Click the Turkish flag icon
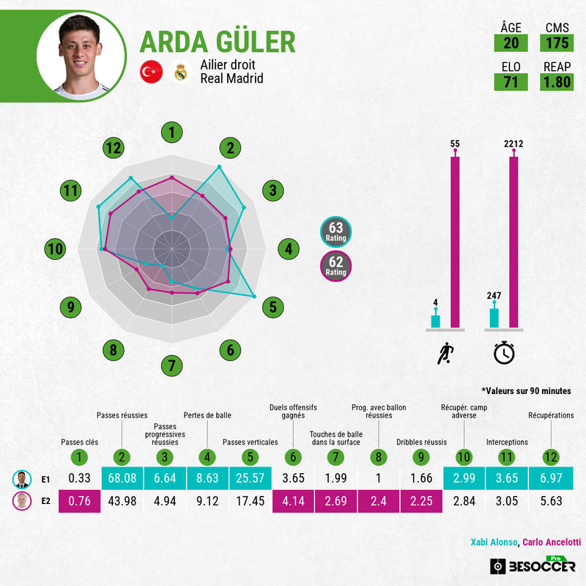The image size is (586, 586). click(x=152, y=72)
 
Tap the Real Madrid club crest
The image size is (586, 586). click(x=180, y=72)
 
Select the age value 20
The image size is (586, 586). click(x=511, y=43)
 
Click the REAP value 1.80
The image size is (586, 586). click(x=557, y=82)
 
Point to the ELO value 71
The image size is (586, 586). click(x=511, y=82)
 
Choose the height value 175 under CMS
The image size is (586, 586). click(x=557, y=43)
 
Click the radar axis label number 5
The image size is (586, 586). click(x=272, y=307)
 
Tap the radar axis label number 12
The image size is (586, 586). click(x=114, y=148)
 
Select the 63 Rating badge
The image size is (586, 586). click(x=335, y=232)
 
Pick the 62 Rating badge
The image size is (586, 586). click(x=335, y=266)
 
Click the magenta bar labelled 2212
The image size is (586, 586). click(x=514, y=242)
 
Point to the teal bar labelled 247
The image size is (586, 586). click(x=494, y=318)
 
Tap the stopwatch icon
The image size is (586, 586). click(x=504, y=352)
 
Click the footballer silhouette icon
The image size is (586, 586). click(x=445, y=353)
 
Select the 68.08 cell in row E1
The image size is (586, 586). click(x=122, y=478)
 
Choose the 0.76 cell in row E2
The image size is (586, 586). click(x=80, y=501)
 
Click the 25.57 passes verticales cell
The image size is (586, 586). click(x=251, y=478)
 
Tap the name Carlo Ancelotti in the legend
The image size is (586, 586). click(x=552, y=542)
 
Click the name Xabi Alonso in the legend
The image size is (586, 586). click(x=494, y=542)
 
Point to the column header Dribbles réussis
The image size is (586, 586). click(x=422, y=442)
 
